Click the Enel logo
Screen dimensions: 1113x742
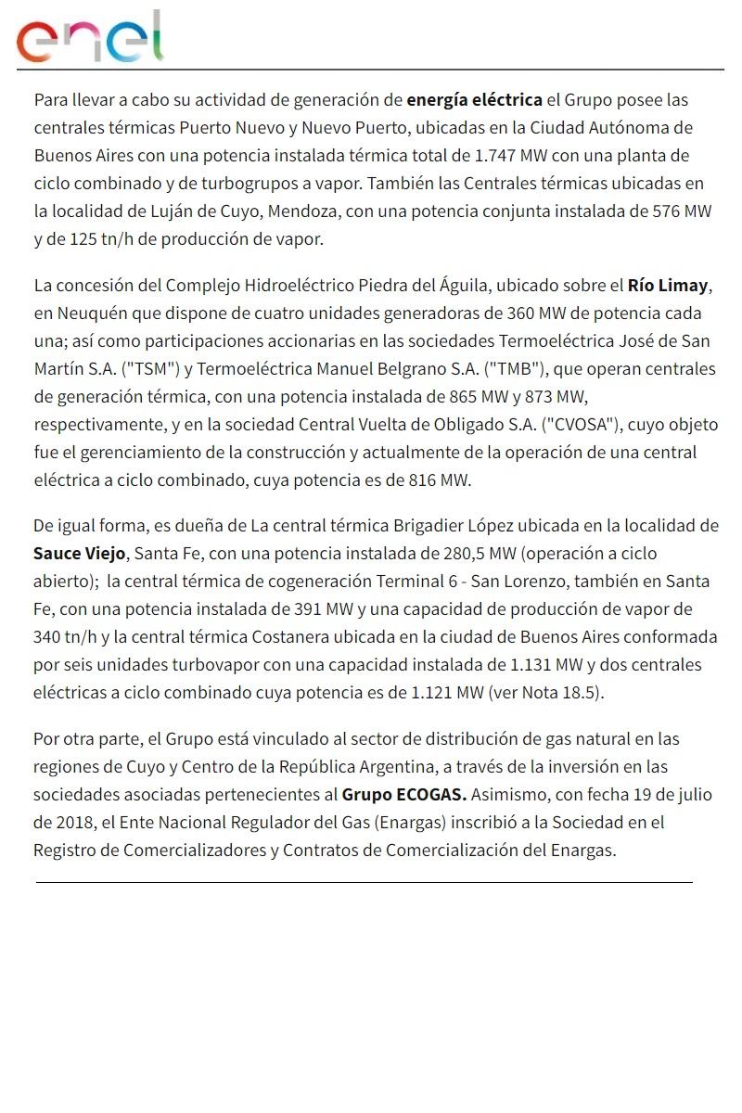click(90, 38)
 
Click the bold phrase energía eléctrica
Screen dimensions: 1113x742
click(474, 99)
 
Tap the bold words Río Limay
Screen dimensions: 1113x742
click(668, 285)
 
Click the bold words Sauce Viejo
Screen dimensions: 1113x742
click(79, 554)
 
